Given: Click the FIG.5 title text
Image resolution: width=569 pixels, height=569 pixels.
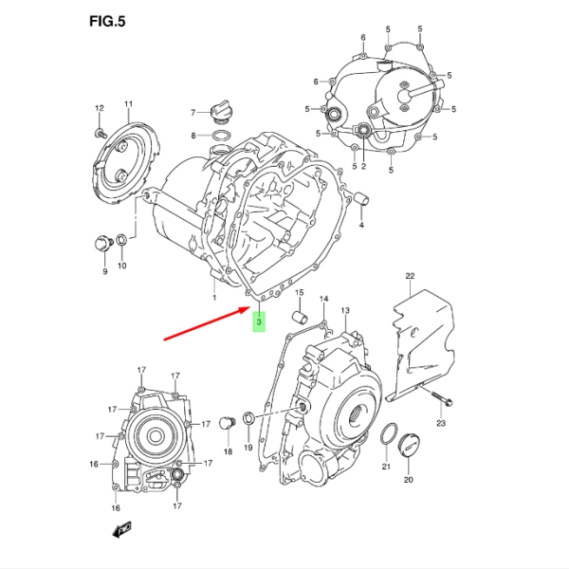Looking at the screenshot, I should [x=106, y=22].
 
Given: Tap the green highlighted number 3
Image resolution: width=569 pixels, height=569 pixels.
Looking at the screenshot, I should [x=259, y=322].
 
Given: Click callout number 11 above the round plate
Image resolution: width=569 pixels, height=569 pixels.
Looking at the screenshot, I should [x=129, y=103].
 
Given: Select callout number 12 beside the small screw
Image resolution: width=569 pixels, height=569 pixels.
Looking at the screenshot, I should [x=99, y=110].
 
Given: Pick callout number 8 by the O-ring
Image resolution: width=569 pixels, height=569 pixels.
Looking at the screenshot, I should [x=193, y=137].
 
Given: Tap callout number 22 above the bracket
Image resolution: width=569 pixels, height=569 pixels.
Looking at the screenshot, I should [x=411, y=276].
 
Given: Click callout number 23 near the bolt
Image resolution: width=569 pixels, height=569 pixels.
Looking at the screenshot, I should [x=440, y=423].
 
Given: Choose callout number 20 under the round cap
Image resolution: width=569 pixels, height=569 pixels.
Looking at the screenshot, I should [x=409, y=480].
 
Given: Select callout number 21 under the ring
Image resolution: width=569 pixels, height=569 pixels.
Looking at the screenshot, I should [x=386, y=468].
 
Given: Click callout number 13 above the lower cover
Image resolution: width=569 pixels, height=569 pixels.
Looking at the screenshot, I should [x=345, y=311].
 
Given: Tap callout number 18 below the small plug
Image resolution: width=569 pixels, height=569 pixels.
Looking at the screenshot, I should [x=228, y=452].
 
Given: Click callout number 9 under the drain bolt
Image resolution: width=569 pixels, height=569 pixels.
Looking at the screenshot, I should [x=105, y=271].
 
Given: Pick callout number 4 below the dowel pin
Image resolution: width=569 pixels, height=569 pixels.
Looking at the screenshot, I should [x=361, y=225].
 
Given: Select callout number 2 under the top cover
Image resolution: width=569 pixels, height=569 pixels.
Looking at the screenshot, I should [x=363, y=167].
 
